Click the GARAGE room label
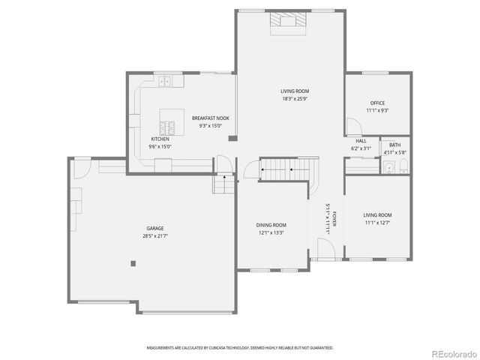point(155,228)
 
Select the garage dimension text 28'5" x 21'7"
point(155,236)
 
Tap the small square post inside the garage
point(133,262)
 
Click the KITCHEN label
point(160,139)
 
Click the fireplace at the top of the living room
point(289,22)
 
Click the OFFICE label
point(377,103)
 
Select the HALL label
point(361,140)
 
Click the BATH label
point(394,145)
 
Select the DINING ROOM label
point(271,224)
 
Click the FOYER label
point(334,220)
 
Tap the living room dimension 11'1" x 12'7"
point(377,223)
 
